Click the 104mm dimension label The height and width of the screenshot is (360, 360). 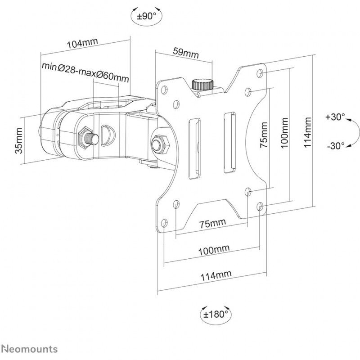(x=82, y=43)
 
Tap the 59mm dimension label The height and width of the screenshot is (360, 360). (x=186, y=53)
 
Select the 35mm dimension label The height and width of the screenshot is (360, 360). (x=19, y=141)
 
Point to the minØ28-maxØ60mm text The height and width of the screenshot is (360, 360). (x=85, y=72)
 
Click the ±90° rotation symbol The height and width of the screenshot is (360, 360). (x=147, y=16)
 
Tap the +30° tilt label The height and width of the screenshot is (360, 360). (x=335, y=117)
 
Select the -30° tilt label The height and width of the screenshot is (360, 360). (x=336, y=145)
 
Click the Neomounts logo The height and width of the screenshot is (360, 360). (x=29, y=349)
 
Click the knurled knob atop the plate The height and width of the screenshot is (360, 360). (x=203, y=85)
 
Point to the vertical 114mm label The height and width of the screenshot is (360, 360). (x=307, y=132)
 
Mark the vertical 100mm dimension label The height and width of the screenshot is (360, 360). (x=284, y=133)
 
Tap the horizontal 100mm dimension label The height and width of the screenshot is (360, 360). (x=214, y=250)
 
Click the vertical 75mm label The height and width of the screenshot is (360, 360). (x=264, y=135)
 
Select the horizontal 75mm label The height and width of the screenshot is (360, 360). (x=212, y=223)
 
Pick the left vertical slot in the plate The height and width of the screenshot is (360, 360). (x=194, y=148)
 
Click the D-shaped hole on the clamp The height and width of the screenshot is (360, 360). (x=108, y=135)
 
